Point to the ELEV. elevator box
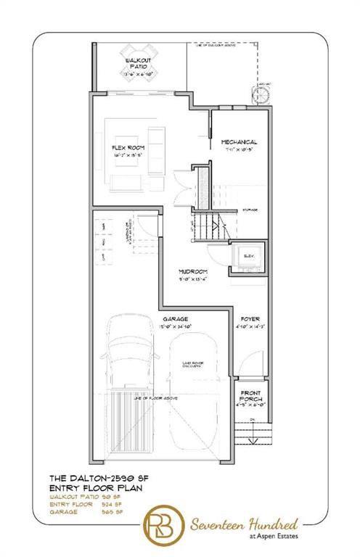coord(247,257)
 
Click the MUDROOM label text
coord(194,272)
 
